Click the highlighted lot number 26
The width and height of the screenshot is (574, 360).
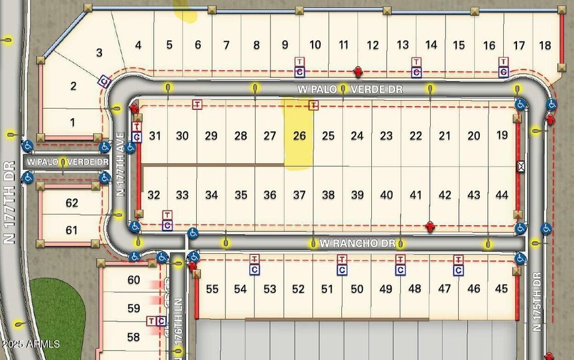point(299,136)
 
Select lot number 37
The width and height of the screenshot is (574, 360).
point(299,195)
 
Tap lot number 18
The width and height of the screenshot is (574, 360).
point(545,45)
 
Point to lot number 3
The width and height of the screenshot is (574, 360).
point(100,52)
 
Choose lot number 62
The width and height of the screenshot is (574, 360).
point(72,203)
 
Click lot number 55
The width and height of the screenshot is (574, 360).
point(212,289)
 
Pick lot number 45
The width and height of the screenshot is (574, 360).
point(501,289)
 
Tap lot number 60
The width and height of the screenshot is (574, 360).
point(133,280)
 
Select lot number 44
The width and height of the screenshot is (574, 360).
point(502,195)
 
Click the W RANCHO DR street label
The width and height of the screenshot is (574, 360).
point(357,244)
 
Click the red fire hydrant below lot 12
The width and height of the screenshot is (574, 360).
point(358,72)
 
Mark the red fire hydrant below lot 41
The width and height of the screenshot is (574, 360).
point(429,226)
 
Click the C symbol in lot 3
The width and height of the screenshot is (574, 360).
point(104,81)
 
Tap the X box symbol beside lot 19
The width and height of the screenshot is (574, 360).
point(521,167)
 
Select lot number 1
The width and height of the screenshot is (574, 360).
point(73,123)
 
